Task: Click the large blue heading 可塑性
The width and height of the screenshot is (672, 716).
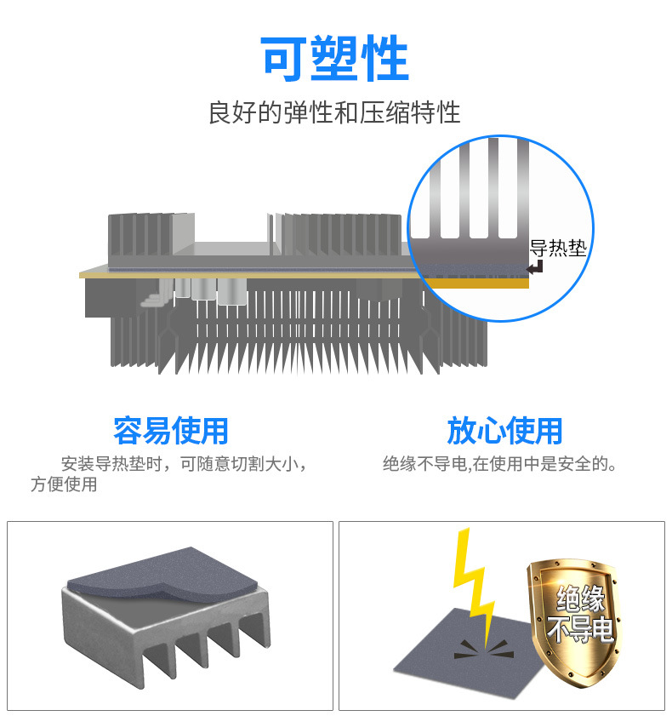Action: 334,59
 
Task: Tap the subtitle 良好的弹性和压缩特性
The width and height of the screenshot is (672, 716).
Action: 334,112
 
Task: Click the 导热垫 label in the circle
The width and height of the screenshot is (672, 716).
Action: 557,249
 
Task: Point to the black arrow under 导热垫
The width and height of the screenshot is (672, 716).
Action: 535,268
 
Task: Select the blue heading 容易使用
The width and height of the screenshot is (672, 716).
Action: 170,430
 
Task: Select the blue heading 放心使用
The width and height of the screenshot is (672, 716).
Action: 504,430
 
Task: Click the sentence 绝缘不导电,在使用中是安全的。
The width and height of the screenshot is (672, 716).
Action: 499,464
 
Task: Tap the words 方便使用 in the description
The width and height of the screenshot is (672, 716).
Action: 64,485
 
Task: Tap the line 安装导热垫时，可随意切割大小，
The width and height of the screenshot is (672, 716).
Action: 184,465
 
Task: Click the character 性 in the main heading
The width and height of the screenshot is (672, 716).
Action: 384,59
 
